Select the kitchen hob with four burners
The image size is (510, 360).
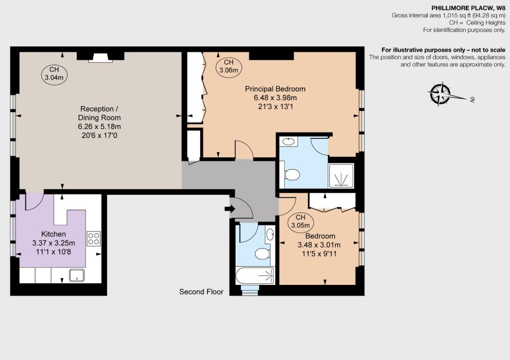pyautogui.click(x=94, y=239)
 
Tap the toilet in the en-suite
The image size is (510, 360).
pyautogui.click(x=291, y=175)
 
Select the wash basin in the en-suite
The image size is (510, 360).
pyautogui.click(x=288, y=142)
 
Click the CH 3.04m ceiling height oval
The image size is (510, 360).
pyautogui.click(x=54, y=74)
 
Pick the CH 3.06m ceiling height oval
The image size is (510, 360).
pyautogui.click(x=229, y=66)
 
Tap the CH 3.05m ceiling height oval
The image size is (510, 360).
pyautogui.click(x=300, y=222)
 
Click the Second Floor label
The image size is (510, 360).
pyautogui.click(x=201, y=292)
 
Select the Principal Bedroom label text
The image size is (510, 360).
pyautogui.click(x=275, y=89)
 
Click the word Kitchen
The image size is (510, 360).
pyautogui.click(x=53, y=234)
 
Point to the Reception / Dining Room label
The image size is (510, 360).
pyautogui.click(x=100, y=113)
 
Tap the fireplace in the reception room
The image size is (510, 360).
pyautogui.click(x=101, y=58)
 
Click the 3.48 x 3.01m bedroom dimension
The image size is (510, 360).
pyautogui.click(x=319, y=244)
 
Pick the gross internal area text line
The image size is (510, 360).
pyautogui.click(x=448, y=16)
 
